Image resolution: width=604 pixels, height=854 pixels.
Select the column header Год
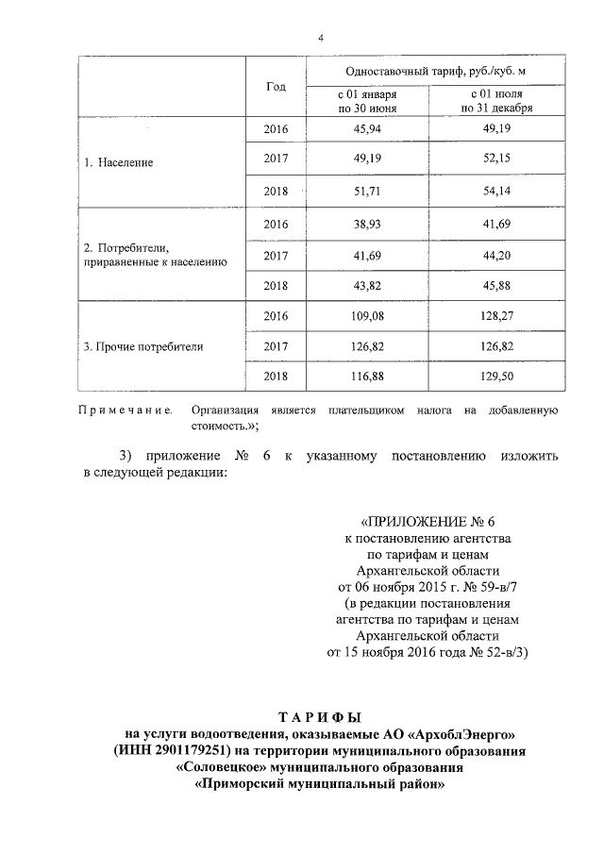[276, 86]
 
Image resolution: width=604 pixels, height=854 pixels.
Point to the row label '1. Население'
[119, 162]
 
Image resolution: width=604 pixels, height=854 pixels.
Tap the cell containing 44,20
[496, 255]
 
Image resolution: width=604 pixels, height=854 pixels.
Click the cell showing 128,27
[496, 316]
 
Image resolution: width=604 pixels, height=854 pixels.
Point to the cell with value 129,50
[496, 377]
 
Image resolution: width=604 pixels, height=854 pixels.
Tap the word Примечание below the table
[125, 410]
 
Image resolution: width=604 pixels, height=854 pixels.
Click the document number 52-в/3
[504, 651]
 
